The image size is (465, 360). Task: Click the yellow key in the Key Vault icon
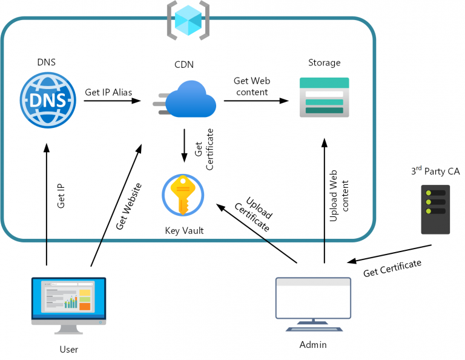183,195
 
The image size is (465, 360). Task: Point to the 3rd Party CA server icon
435,210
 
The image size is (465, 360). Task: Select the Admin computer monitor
313,299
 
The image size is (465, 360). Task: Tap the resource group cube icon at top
188,19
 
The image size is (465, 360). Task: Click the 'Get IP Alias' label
108,92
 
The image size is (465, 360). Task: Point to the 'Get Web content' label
252,87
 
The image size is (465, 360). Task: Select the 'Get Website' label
129,205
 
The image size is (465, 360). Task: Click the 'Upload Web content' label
339,195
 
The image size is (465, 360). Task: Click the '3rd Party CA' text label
435,171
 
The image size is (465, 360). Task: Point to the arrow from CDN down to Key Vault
183,145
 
